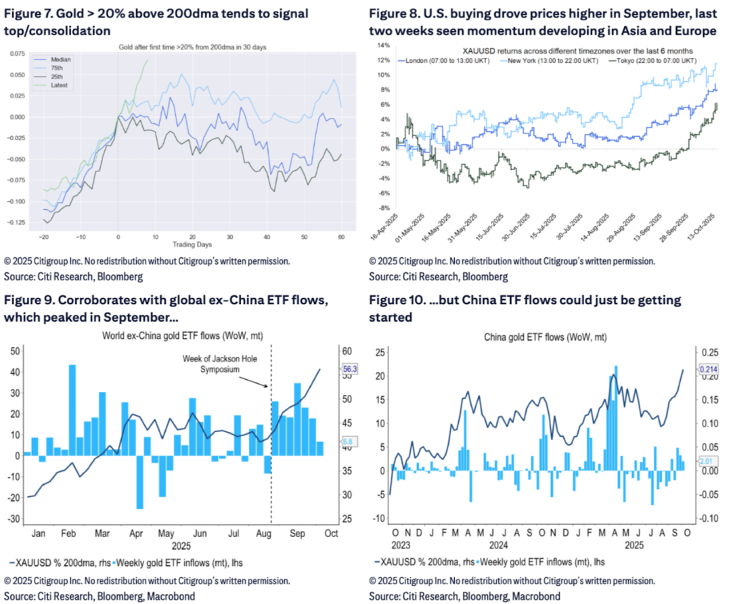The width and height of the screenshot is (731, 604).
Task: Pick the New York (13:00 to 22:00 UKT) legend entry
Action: tap(550, 60)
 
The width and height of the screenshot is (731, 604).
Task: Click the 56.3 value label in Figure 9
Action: tap(352, 369)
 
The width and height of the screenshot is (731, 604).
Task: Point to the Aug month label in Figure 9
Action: tap(263, 534)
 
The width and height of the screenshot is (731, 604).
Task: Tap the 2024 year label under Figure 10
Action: tap(499, 544)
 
